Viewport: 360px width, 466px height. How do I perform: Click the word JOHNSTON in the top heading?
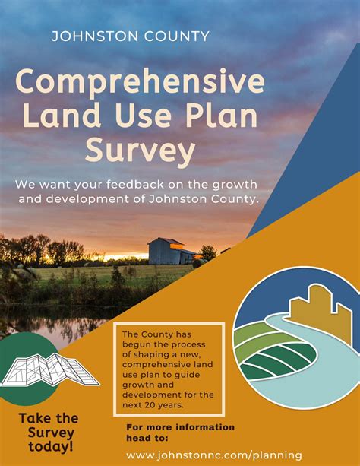tap(95, 36)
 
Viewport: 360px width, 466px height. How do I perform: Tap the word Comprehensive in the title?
tap(140, 82)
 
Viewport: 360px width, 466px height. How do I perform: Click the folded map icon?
tap(49, 370)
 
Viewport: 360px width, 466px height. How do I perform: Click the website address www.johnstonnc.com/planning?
tap(214, 455)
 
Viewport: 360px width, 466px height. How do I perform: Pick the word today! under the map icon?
tap(51, 447)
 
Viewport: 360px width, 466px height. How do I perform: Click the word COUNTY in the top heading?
tap(177, 36)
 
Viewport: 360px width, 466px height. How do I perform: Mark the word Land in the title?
tap(62, 116)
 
